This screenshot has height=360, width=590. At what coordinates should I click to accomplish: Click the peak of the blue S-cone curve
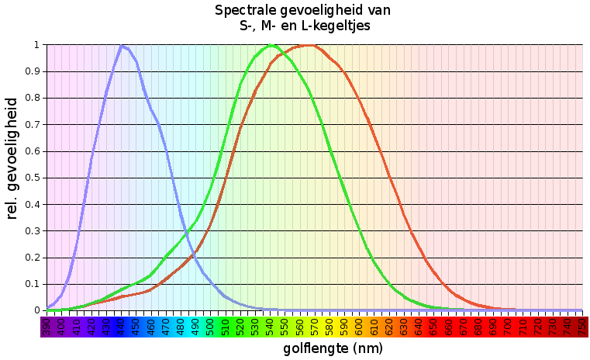pyautogui.click(x=122, y=46)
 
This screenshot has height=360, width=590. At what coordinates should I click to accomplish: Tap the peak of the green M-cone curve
pyautogui.click(x=271, y=46)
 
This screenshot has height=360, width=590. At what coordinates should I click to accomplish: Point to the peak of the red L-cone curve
pyautogui.click(x=309, y=46)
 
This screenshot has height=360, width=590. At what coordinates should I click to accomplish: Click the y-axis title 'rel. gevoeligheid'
pyautogui.click(x=12, y=158)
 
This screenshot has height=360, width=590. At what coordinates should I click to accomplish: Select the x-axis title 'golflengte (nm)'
pyautogui.click(x=333, y=349)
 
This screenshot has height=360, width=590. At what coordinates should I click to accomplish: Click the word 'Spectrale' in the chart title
pyautogui.click(x=245, y=11)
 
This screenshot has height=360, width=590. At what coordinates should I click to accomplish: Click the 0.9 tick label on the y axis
pyautogui.click(x=32, y=71)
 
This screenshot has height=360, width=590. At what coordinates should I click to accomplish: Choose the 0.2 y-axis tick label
pyautogui.click(x=32, y=258)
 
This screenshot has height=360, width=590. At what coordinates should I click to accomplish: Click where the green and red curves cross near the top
pyautogui.click(x=282, y=52)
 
